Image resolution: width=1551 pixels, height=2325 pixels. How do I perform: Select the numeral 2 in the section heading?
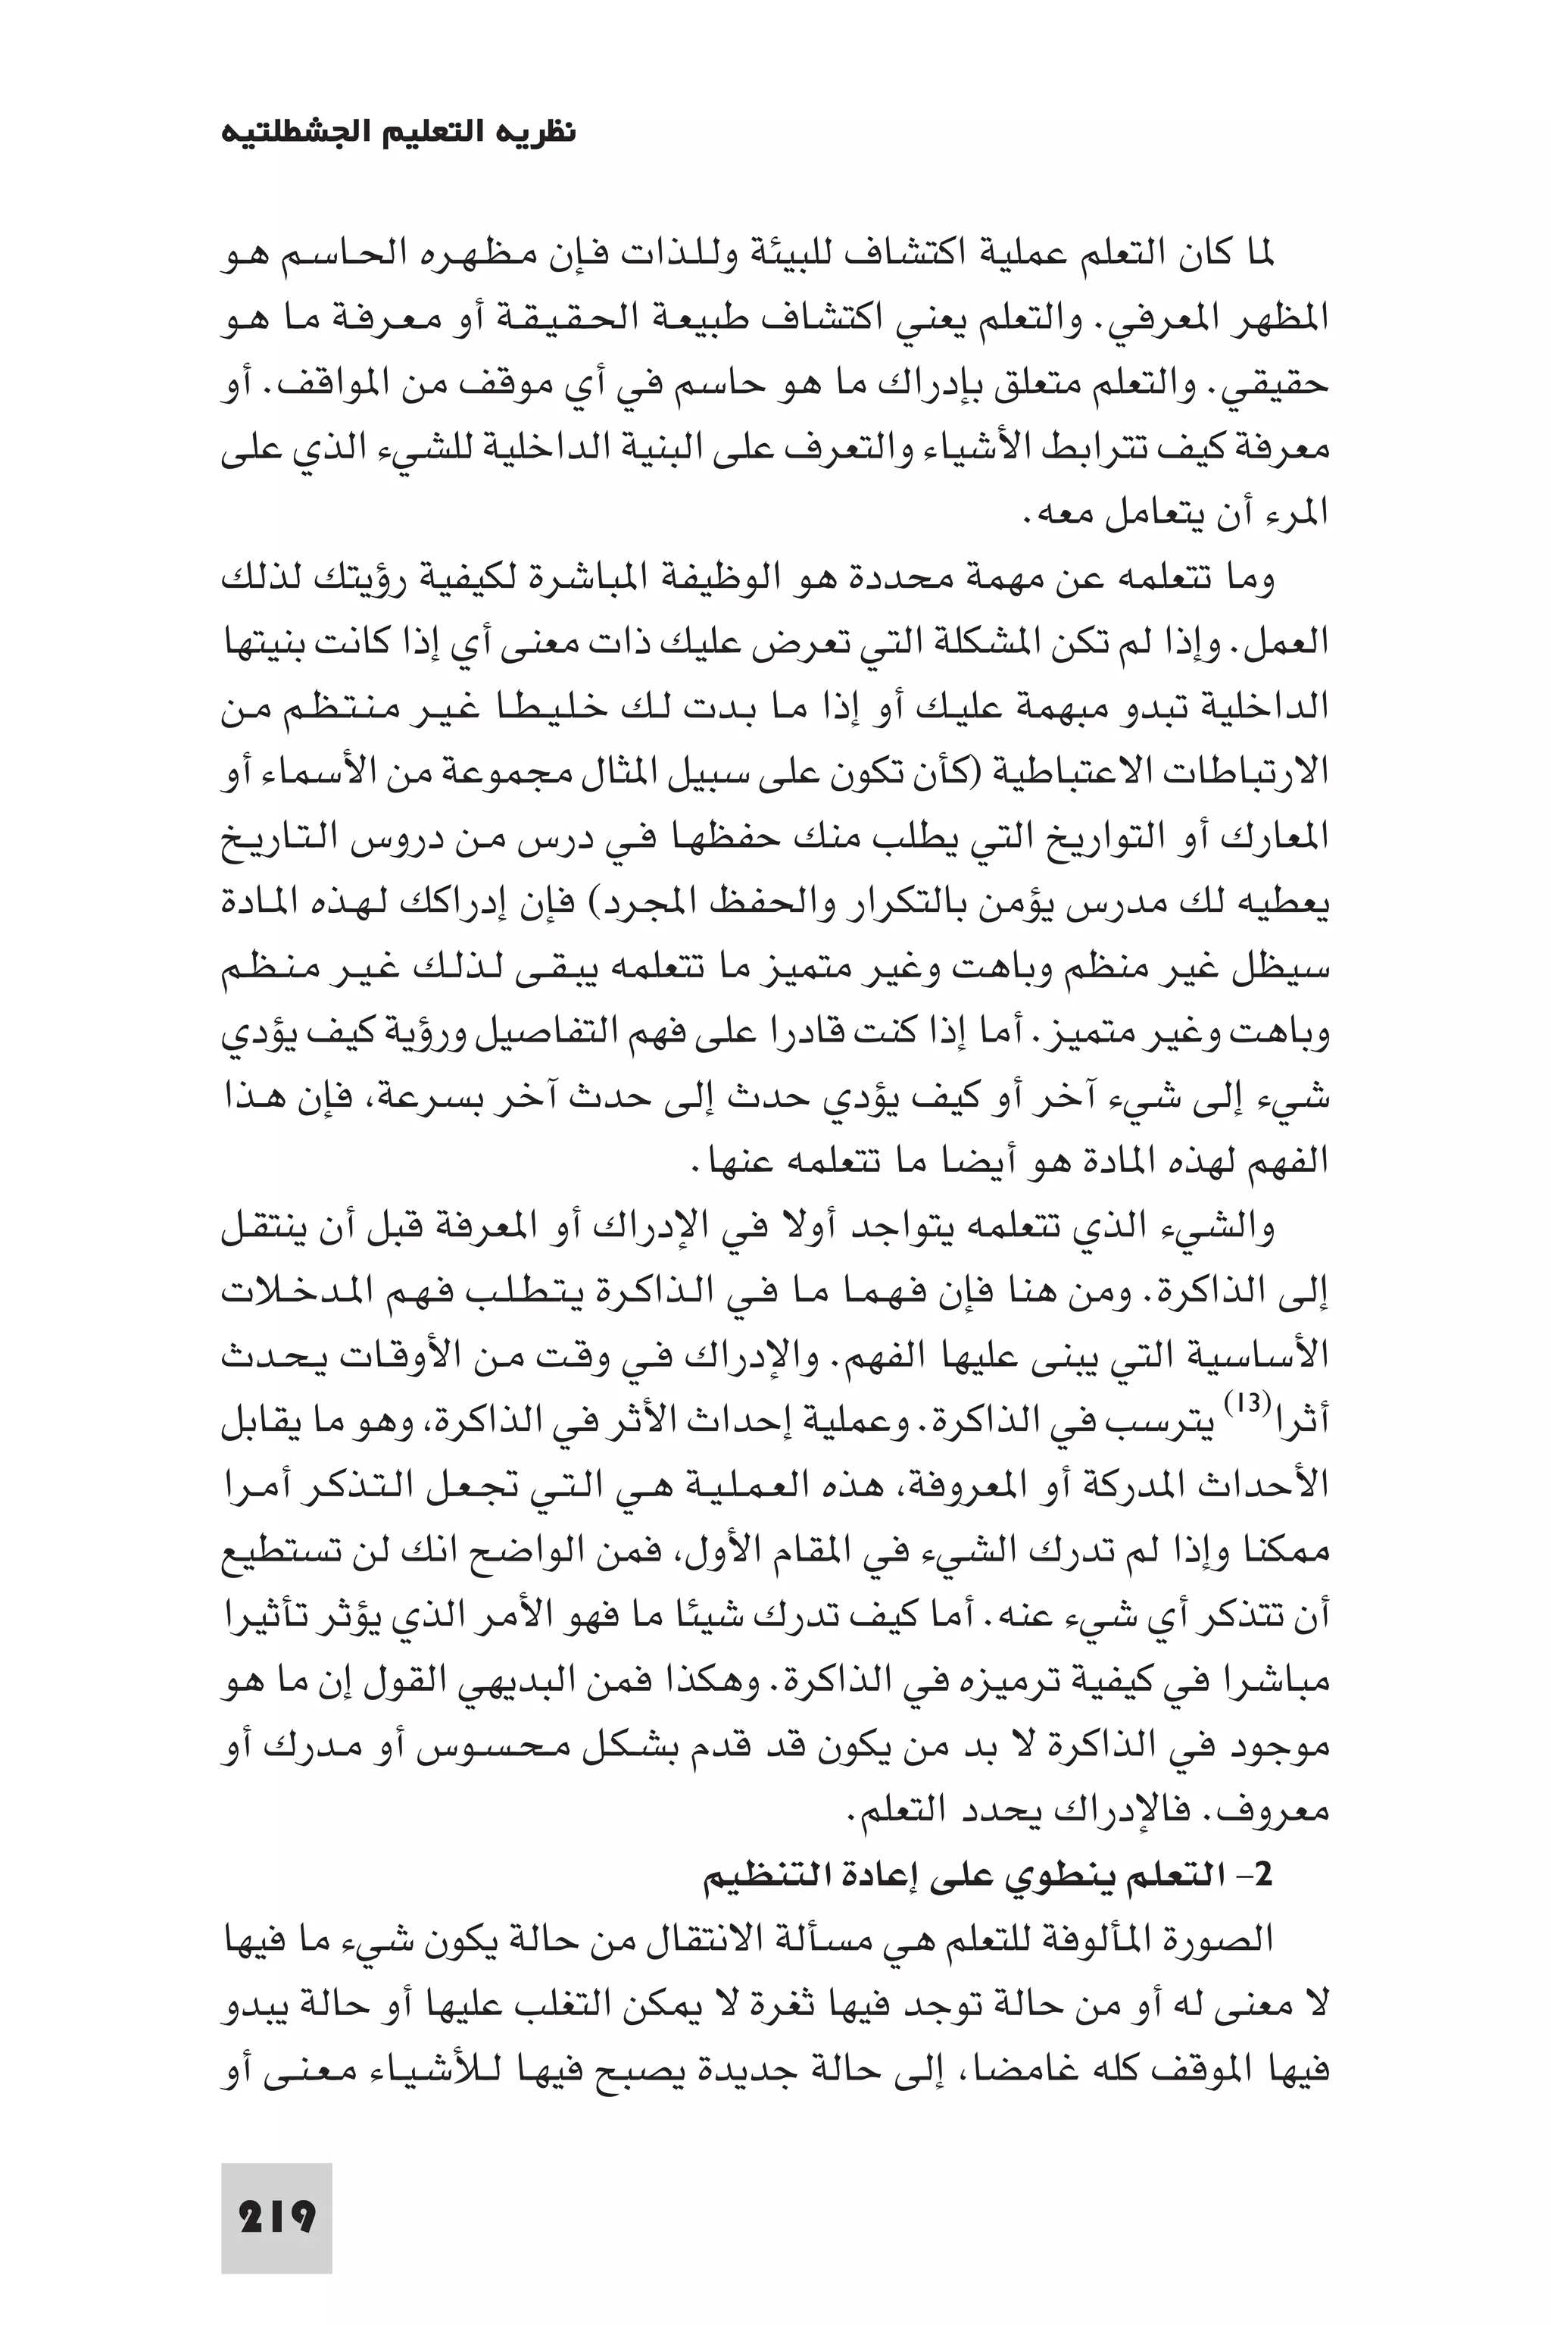[x=1263, y=1876]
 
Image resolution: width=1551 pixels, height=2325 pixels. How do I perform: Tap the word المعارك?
[x=1283, y=837]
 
